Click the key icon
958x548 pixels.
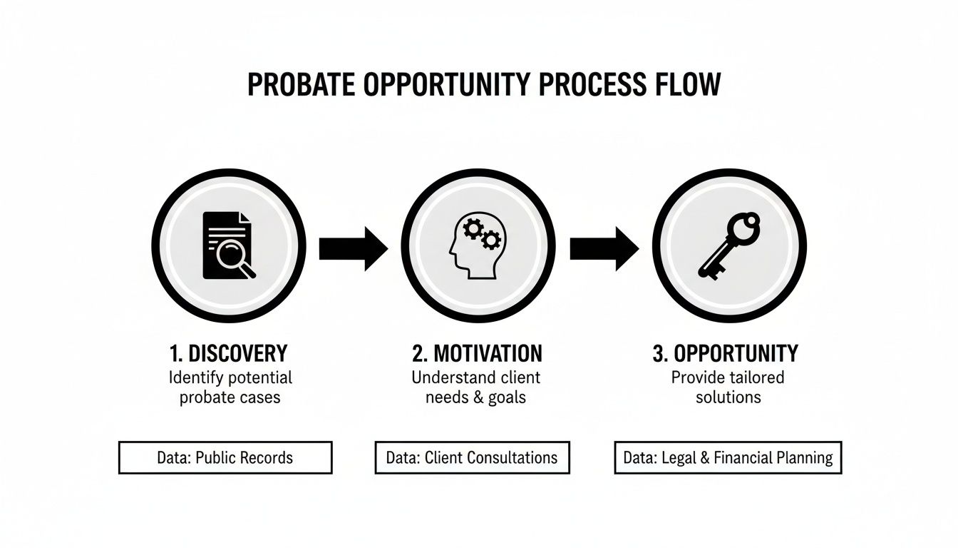coord(728,245)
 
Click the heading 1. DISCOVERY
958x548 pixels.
coord(229,353)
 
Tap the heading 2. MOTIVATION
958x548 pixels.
coord(477,353)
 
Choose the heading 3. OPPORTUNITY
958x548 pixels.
coord(726,353)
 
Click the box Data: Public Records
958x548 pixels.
coord(225,457)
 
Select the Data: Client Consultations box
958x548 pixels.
coord(472,457)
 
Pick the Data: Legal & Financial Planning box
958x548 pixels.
coord(728,457)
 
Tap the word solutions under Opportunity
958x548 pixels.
coord(728,397)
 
